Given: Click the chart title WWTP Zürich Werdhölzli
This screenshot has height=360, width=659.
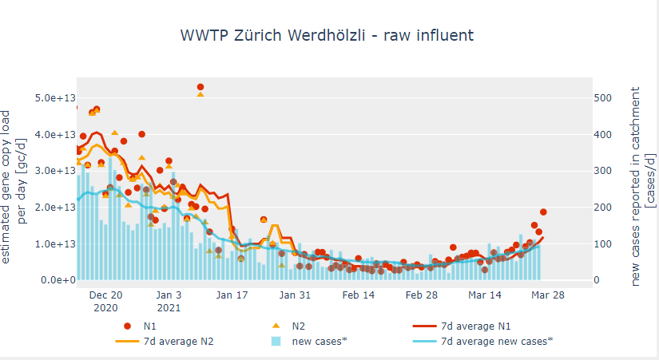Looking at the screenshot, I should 327,36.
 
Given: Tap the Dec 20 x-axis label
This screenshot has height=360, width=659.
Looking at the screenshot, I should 105,295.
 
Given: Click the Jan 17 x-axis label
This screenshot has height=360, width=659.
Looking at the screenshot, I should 232,295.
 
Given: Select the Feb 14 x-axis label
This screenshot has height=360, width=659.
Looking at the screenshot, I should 358,295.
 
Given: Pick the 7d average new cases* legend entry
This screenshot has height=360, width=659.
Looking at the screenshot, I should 487,341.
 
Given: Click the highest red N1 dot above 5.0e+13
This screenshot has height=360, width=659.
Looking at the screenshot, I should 200,87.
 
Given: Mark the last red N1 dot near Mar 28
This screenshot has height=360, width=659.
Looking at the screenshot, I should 543,212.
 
